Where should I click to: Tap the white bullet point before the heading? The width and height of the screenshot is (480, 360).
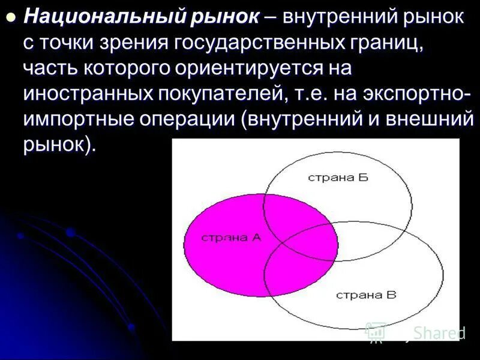10,18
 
